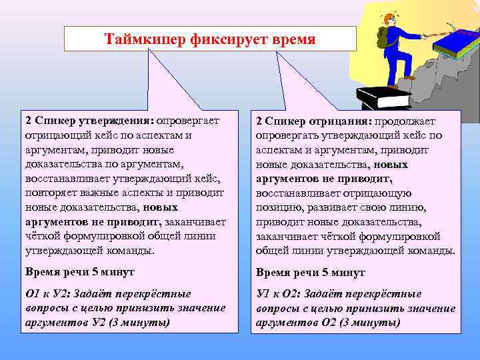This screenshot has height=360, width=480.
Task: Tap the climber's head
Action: (x=389, y=18)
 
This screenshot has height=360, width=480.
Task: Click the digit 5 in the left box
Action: (x=93, y=273)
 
